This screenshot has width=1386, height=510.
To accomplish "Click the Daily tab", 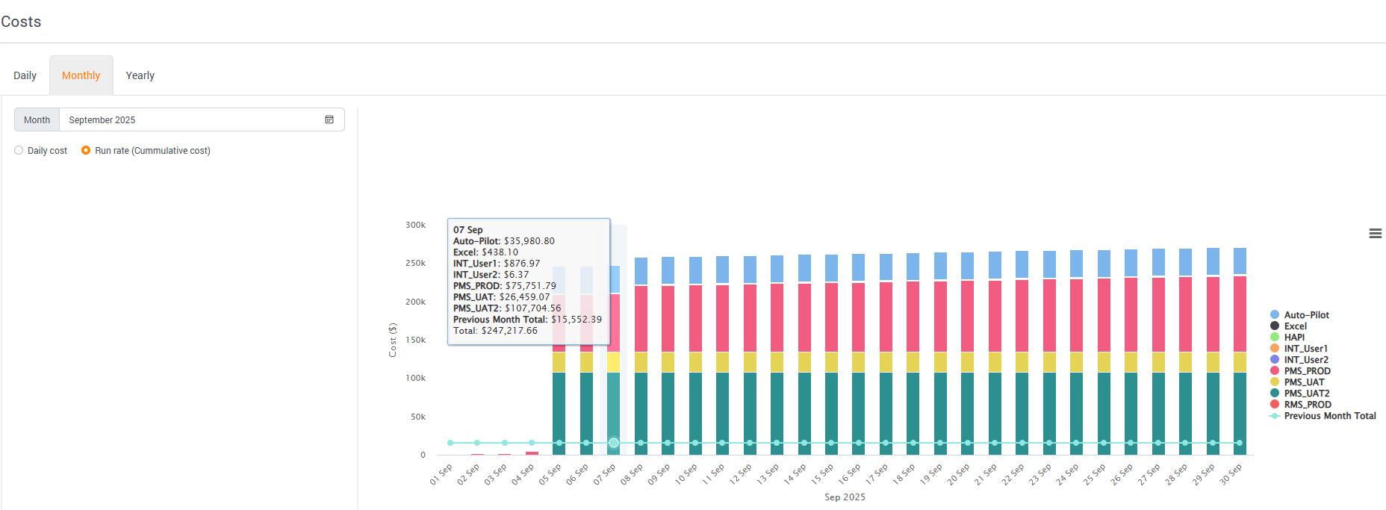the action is coord(25,75).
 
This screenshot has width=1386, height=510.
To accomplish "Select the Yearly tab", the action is coord(140,75).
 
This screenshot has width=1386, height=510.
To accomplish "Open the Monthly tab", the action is coord(81,75).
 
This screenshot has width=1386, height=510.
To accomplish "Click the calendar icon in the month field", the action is coord(329,119).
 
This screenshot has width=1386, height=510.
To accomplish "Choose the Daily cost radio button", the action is coord(19,150).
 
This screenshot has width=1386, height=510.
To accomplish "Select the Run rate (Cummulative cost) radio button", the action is coord(86,150).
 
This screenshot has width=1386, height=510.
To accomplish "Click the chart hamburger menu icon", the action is coord(1375,234).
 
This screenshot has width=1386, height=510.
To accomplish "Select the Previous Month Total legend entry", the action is coord(1323,416).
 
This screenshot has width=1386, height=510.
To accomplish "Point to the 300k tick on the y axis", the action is coord(416,225).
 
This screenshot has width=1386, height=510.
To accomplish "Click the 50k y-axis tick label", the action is coord(418,417).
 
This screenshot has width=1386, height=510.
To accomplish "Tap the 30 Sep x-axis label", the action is coord(1231,475).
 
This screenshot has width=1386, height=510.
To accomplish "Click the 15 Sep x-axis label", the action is coord(822,475).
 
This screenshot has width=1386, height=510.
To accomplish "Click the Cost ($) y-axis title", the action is coord(393,340).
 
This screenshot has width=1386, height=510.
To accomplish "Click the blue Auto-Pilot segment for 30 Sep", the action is coord(1240,261).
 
